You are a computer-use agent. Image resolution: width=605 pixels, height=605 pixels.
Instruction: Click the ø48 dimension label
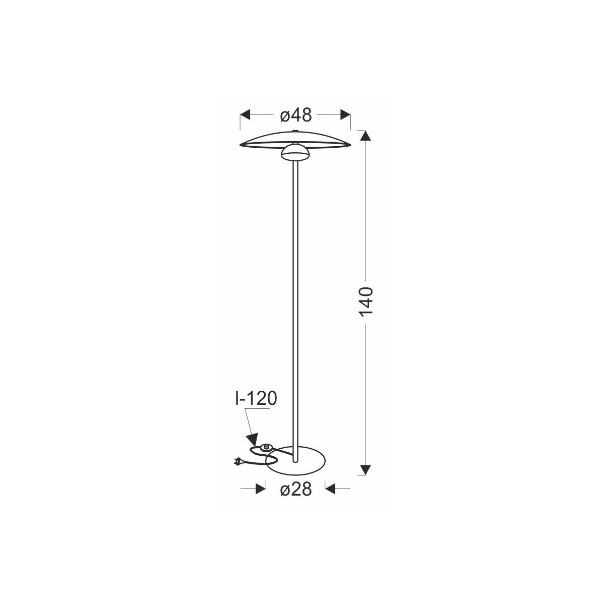296,115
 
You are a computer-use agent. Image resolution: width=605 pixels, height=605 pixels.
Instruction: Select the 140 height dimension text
366,301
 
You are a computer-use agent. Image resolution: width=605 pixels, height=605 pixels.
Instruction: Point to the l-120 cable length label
256,399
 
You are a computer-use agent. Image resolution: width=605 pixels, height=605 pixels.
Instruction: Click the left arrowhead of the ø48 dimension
245,114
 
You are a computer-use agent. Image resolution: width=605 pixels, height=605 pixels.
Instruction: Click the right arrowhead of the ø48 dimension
345,114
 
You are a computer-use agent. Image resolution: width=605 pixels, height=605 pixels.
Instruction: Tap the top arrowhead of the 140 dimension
366,135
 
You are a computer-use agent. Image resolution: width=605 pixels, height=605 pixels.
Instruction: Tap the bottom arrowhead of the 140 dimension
366,470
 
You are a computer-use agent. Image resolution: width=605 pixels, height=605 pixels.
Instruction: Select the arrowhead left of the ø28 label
261,489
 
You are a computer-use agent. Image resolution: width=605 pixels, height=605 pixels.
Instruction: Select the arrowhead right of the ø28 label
330,489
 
